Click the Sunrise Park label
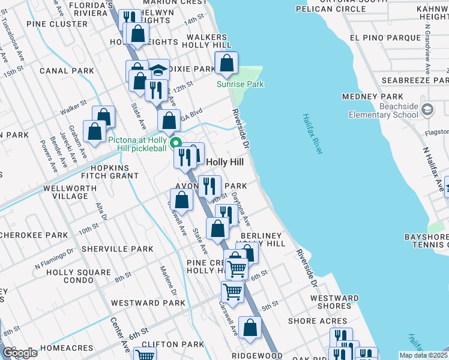(x=240, y=85)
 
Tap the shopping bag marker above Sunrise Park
(x=227, y=64)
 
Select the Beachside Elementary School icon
(x=427, y=110)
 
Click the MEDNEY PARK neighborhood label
(x=381, y=97)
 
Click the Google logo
(x=20, y=353)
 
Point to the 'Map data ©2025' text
(x=423, y=355)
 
